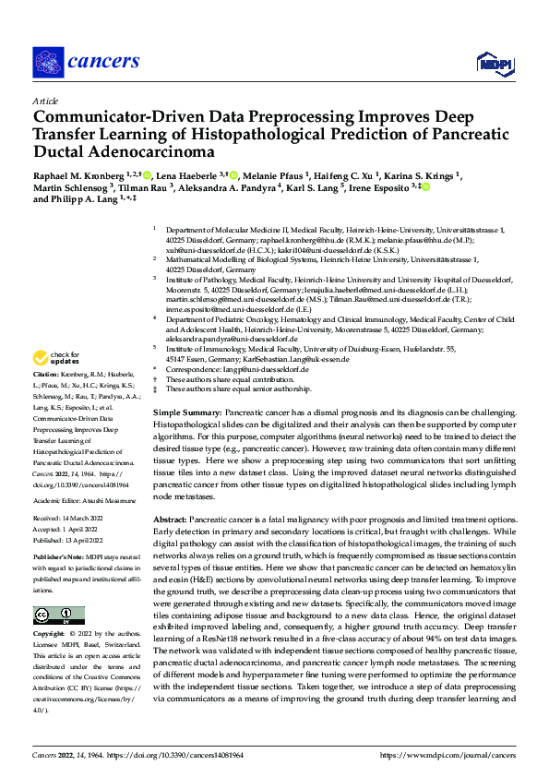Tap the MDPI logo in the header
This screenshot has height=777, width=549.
490,62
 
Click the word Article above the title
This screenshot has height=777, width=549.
44,101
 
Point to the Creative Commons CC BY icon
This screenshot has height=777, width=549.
53,616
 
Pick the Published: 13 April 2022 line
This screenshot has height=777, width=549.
70,540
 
